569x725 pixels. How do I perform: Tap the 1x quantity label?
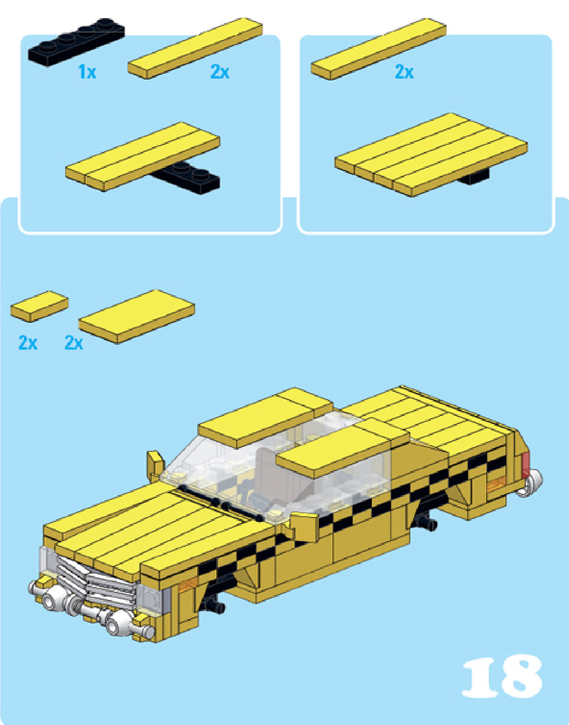pos(87,72)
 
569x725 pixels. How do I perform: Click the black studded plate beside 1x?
pos(76,42)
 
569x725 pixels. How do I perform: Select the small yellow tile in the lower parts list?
pos(40,306)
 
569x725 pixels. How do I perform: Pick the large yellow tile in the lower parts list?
pos(137,316)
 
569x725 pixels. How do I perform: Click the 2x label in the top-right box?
pos(404,72)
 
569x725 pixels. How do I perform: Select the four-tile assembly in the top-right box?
pos(431,155)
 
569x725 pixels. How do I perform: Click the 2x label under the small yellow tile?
pos(28,342)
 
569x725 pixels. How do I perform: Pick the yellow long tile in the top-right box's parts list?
pos(378,49)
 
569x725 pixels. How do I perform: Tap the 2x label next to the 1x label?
pos(220,72)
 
